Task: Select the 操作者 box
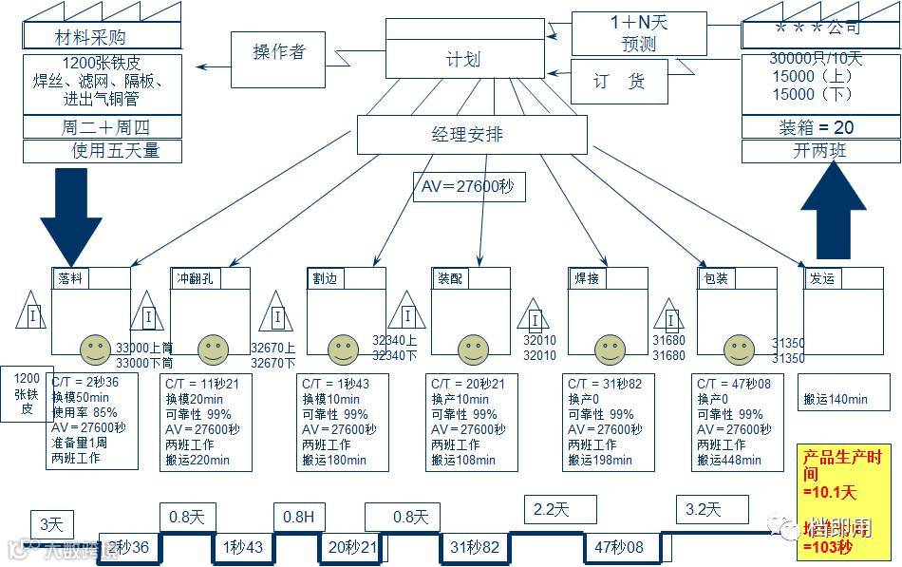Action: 279,53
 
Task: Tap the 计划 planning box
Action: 463,58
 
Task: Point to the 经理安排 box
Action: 467,135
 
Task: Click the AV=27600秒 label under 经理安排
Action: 468,187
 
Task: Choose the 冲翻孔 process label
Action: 196,278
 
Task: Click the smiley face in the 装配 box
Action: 471,350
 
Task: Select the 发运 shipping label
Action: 822,278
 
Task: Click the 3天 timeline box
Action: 51,524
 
